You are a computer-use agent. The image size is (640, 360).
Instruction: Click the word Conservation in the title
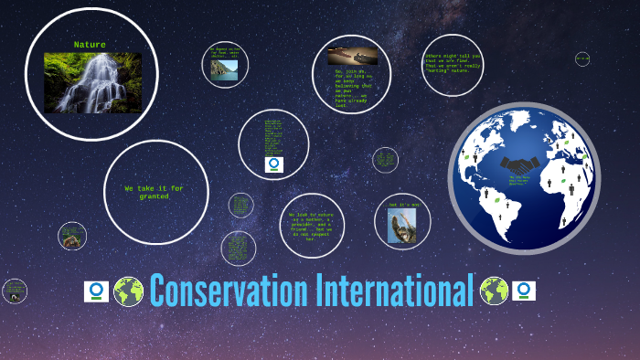[229, 291]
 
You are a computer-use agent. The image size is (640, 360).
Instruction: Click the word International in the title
[394, 291]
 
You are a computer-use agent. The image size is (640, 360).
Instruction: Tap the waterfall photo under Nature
[92, 82]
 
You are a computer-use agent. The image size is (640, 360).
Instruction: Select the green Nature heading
[90, 44]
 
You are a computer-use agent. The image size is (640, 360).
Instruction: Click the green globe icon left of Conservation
[129, 291]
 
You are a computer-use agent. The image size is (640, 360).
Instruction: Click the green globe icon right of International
[494, 291]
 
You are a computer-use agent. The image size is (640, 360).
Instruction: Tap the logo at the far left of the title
[96, 291]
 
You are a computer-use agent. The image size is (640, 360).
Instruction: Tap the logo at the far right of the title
[524, 291]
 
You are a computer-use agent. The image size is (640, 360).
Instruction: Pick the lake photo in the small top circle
[225, 69]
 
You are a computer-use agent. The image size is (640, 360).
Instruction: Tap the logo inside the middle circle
[274, 164]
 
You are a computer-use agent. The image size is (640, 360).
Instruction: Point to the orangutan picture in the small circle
[71, 239]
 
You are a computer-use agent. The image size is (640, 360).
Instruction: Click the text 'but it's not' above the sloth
[402, 205]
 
